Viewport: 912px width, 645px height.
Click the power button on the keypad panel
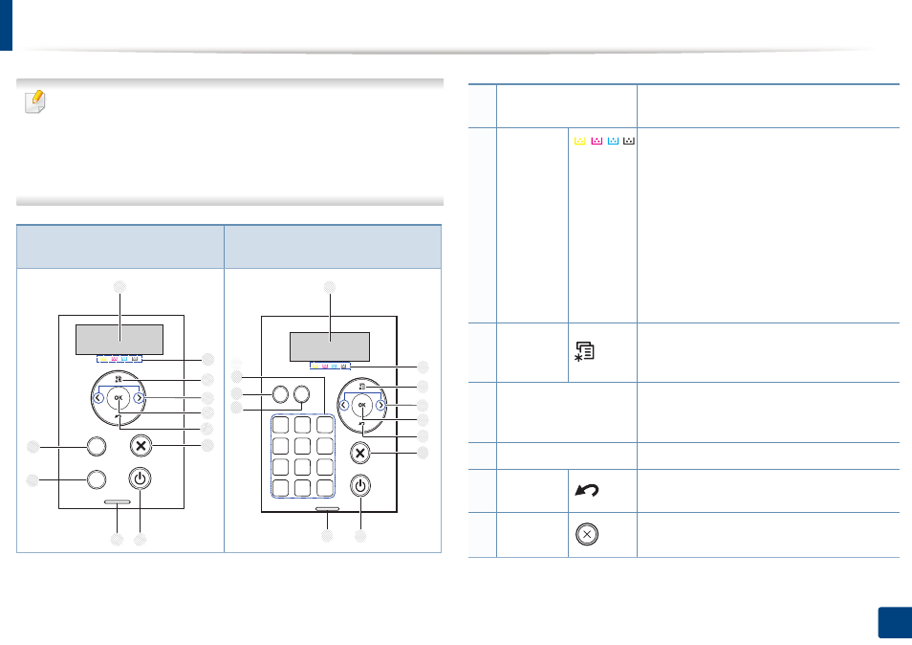[360, 485]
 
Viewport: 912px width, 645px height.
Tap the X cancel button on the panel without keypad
[141, 447]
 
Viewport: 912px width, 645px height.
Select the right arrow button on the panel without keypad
[139, 398]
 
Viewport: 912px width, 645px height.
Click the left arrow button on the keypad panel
[344, 405]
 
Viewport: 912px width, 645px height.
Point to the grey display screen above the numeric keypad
[330, 347]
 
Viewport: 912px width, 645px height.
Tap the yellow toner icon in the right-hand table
[580, 141]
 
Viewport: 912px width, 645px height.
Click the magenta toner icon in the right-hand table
[597, 141]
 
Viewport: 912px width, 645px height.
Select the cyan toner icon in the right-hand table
[613, 141]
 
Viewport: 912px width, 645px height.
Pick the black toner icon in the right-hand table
[629, 141]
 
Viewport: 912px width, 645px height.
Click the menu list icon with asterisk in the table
[584, 351]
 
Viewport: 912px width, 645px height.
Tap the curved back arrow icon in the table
[587, 491]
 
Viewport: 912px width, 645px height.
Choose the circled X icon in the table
[587, 534]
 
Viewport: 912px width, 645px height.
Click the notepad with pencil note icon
[35, 101]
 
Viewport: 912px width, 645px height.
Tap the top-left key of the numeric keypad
[280, 425]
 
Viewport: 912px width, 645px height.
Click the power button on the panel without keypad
[139, 478]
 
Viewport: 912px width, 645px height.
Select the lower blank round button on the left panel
[96, 479]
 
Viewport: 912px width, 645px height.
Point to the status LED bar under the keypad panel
[328, 509]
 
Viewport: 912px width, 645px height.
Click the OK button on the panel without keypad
[119, 398]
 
